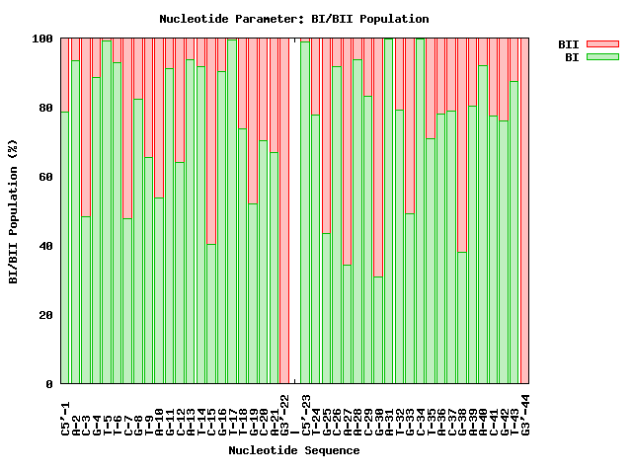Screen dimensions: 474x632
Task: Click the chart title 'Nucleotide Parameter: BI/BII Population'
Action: coord(293,19)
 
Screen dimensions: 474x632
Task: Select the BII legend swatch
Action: coord(601,44)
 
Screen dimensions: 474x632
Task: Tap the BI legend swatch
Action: coord(601,57)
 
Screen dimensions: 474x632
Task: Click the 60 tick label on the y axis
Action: coord(46,177)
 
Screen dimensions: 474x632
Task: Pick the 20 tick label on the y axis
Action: coord(46,315)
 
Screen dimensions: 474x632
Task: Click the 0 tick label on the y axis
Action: coord(50,384)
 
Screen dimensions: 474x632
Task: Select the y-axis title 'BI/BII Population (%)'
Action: coord(14,211)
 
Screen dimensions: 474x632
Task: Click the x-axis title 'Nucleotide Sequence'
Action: coord(293,450)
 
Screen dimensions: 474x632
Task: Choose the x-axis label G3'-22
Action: coord(284,414)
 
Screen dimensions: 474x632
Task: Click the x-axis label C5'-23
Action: coord(305,414)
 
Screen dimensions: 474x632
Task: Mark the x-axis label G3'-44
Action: coord(525,414)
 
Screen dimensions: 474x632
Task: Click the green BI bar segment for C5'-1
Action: coord(65,247)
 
